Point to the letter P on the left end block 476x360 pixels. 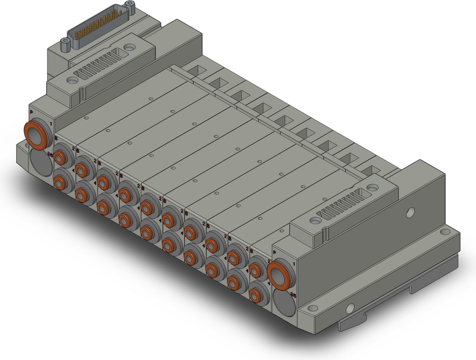tap(31, 111)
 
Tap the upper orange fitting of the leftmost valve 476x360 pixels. tap(61, 156)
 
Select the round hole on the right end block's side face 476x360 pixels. tap(410, 211)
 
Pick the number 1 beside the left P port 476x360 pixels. tap(52, 124)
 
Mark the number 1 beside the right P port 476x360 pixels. tap(293, 263)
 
